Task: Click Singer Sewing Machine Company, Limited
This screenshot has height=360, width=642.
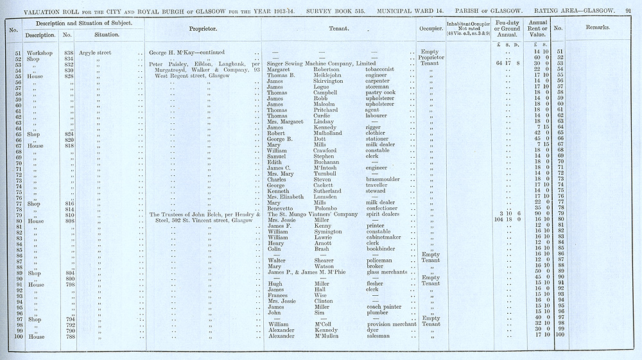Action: point(321,64)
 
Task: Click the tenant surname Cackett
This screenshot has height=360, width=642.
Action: point(326,185)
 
